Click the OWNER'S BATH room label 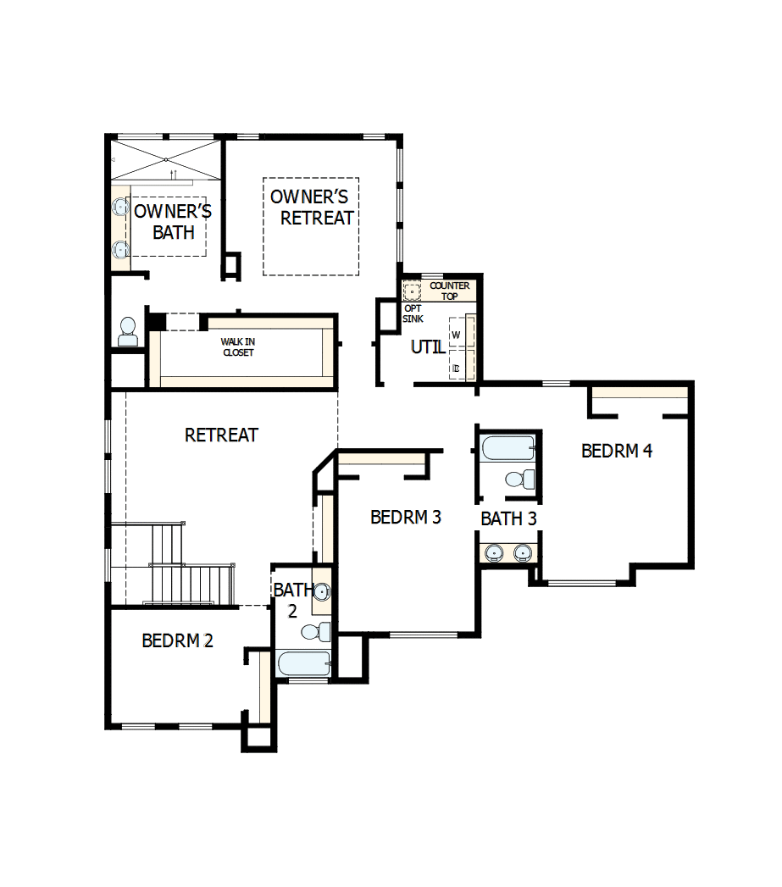[x=173, y=221]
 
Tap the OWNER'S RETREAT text [x=311, y=208]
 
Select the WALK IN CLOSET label [x=238, y=347]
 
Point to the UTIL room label [x=428, y=347]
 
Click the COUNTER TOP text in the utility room [x=449, y=291]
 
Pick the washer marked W [x=457, y=335]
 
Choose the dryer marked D [x=457, y=367]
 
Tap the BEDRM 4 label [x=617, y=451]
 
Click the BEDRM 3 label [x=406, y=517]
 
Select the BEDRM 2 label [x=177, y=640]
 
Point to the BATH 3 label [x=508, y=518]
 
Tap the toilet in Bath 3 [x=519, y=480]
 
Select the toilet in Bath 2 [x=316, y=631]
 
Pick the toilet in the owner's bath [x=128, y=330]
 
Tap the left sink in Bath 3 [x=494, y=553]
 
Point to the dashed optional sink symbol [x=412, y=292]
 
